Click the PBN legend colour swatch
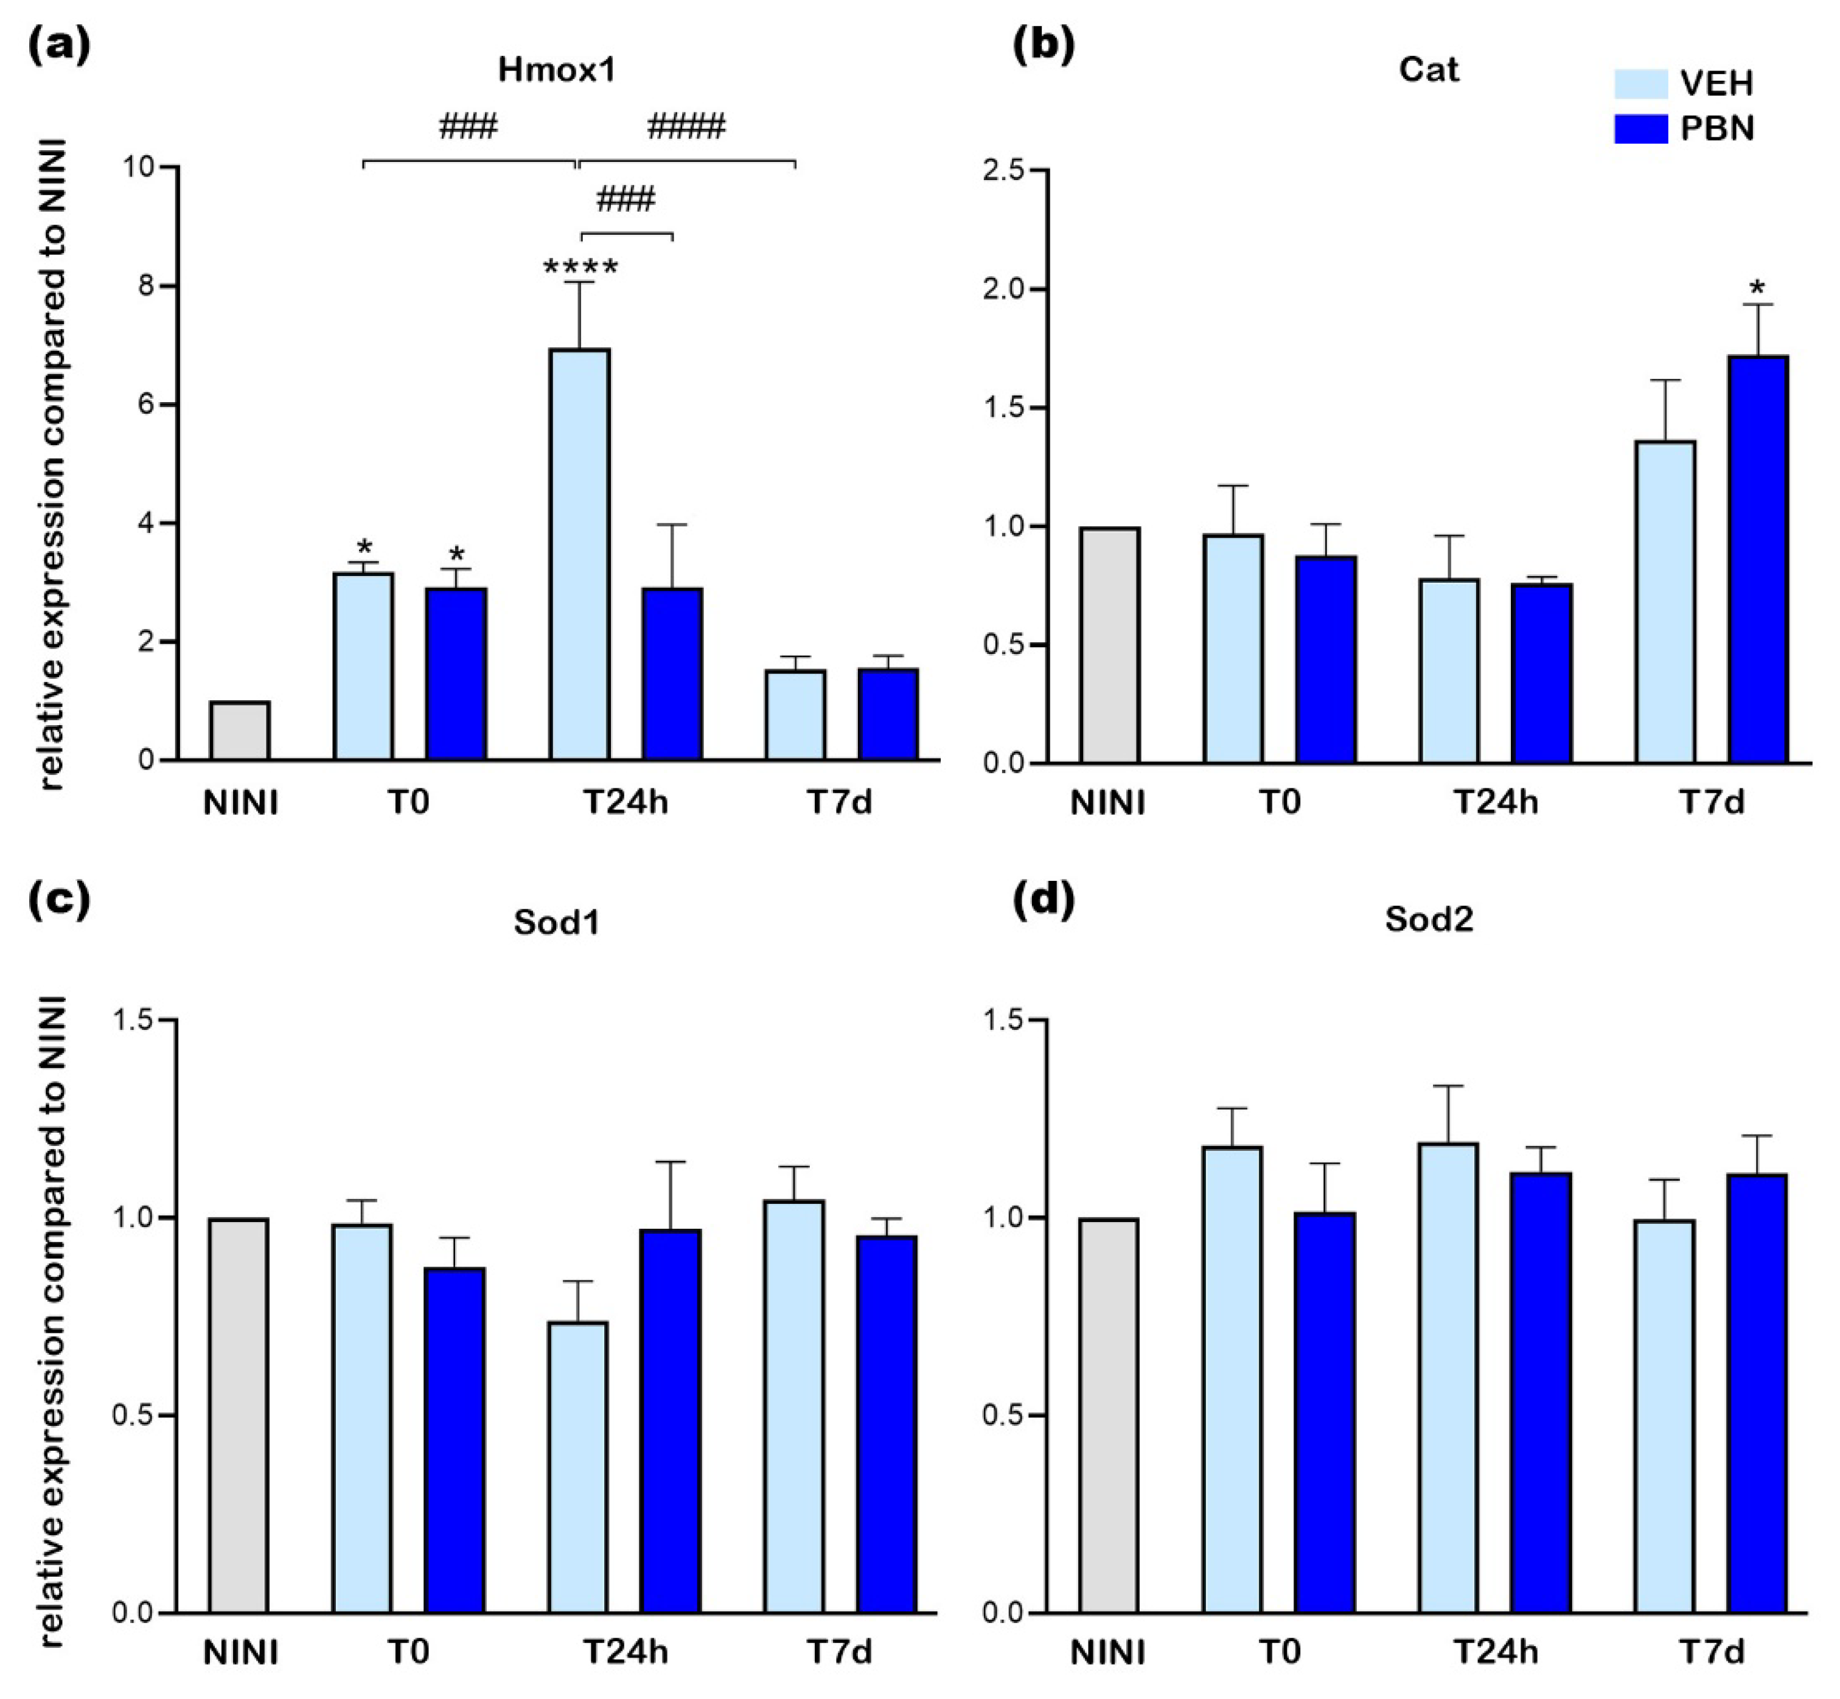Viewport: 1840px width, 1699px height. (x=1640, y=129)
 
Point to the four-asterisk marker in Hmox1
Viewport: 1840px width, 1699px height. (x=580, y=268)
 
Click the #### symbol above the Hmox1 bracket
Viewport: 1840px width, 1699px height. (x=686, y=126)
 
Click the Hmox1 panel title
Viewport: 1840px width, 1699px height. (x=556, y=70)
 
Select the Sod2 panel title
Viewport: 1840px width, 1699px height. (x=1429, y=919)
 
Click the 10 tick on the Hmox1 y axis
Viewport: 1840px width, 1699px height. (x=142, y=167)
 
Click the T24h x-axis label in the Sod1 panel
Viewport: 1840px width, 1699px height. (x=626, y=1652)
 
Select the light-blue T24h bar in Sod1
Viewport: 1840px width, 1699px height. (x=579, y=1467)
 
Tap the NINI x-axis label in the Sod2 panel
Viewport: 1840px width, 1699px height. (x=1108, y=1652)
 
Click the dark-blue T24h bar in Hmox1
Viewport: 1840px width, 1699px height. (x=672, y=674)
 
